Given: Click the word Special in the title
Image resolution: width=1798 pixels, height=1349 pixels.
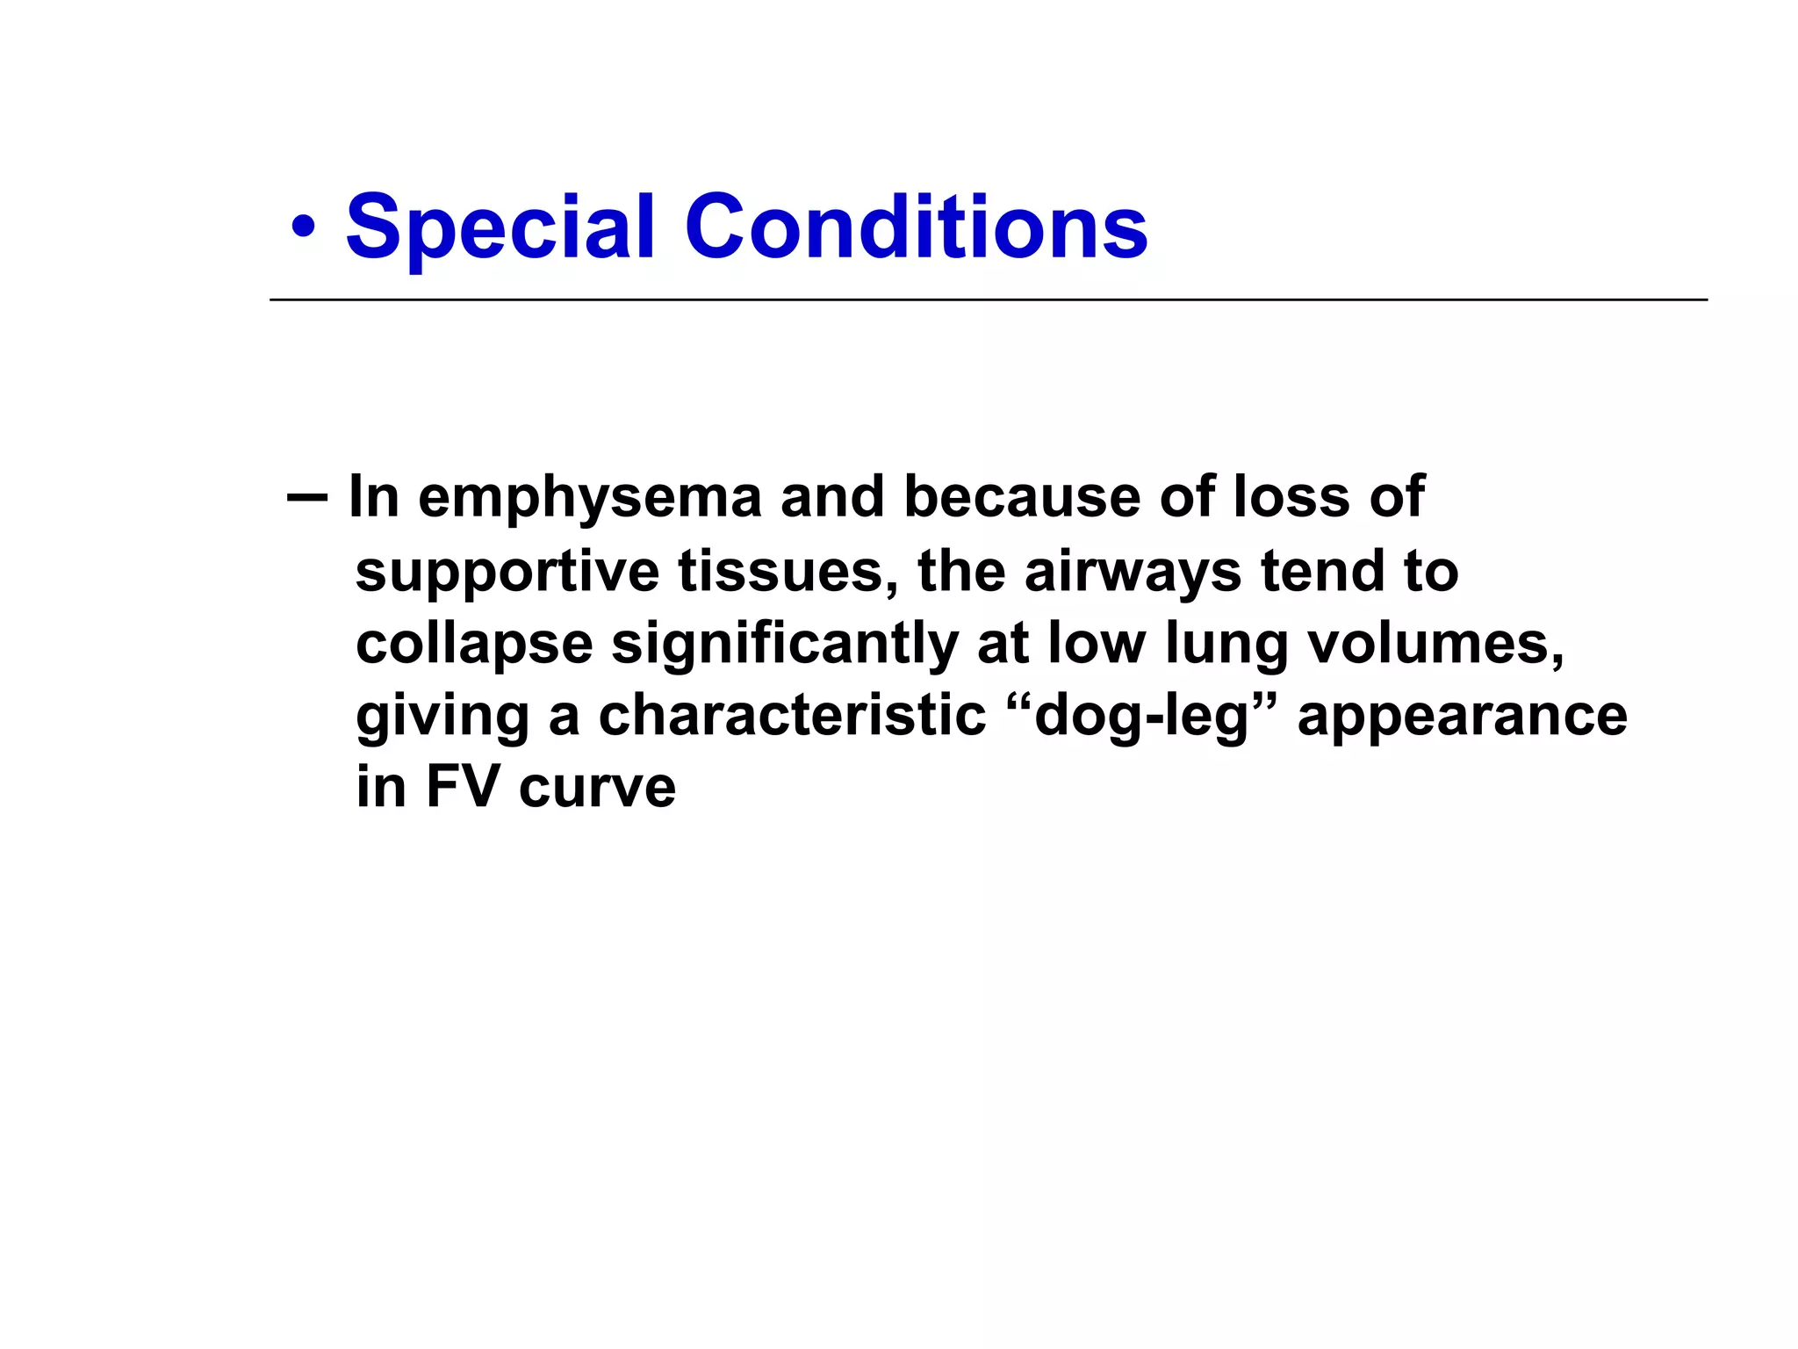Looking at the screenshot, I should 500,228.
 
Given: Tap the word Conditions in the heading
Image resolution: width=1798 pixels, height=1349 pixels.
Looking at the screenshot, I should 916,228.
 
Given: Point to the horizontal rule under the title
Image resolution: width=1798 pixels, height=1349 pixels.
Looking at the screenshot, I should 988,300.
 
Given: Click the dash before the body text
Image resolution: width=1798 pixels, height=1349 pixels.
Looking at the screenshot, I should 306,498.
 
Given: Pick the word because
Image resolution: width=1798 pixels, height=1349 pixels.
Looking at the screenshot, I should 1022,497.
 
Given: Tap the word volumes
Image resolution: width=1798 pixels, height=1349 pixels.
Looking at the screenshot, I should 1436,644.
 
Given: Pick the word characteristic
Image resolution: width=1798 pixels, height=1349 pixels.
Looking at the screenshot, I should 792,716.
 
